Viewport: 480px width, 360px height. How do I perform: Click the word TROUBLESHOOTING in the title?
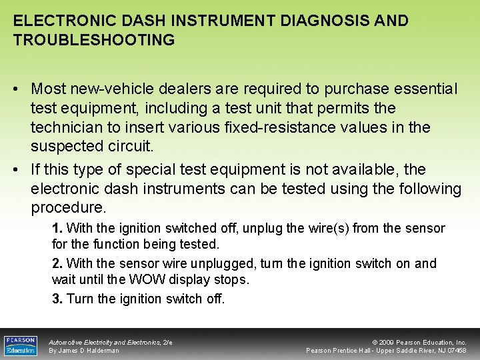(x=94, y=40)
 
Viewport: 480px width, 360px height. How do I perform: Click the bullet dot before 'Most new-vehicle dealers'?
(x=19, y=89)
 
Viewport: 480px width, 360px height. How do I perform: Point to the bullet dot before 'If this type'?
(x=19, y=170)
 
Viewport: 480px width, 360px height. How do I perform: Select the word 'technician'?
(x=71, y=127)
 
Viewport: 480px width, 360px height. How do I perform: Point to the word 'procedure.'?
(x=68, y=208)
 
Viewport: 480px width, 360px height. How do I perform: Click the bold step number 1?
(x=57, y=229)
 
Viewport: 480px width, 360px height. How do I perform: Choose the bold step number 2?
(x=57, y=264)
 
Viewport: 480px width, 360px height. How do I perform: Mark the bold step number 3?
(x=57, y=299)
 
